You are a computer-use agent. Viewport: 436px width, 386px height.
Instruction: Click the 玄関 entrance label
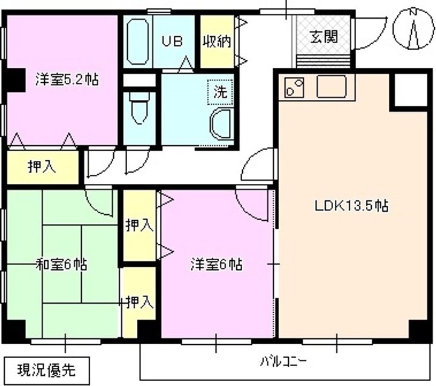click(324, 36)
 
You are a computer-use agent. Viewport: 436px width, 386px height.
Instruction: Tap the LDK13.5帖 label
click(351, 206)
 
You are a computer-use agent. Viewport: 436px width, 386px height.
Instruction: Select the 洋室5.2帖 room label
click(67, 79)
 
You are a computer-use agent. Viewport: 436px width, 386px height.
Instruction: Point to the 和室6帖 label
click(61, 264)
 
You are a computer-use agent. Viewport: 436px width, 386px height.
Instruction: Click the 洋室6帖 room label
click(216, 264)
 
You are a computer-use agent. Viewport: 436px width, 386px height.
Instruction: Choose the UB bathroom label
click(173, 41)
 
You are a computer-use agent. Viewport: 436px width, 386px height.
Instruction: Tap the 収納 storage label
click(217, 41)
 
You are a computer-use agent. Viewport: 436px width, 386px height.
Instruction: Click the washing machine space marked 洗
click(220, 92)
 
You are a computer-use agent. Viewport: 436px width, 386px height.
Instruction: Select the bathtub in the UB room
click(137, 41)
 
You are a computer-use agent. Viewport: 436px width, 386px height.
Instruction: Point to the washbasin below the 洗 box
click(220, 124)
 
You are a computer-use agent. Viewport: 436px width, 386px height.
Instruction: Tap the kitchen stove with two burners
click(294, 87)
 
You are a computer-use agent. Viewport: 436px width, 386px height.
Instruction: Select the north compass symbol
click(414, 29)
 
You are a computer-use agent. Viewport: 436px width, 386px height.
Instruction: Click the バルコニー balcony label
click(283, 362)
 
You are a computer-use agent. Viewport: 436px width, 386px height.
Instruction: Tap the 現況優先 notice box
click(47, 370)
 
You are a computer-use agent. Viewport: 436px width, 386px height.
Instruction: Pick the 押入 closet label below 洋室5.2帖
click(42, 167)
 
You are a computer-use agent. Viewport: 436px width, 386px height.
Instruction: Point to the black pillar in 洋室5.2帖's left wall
click(16, 80)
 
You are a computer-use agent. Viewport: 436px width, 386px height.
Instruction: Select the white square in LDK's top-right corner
click(411, 90)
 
